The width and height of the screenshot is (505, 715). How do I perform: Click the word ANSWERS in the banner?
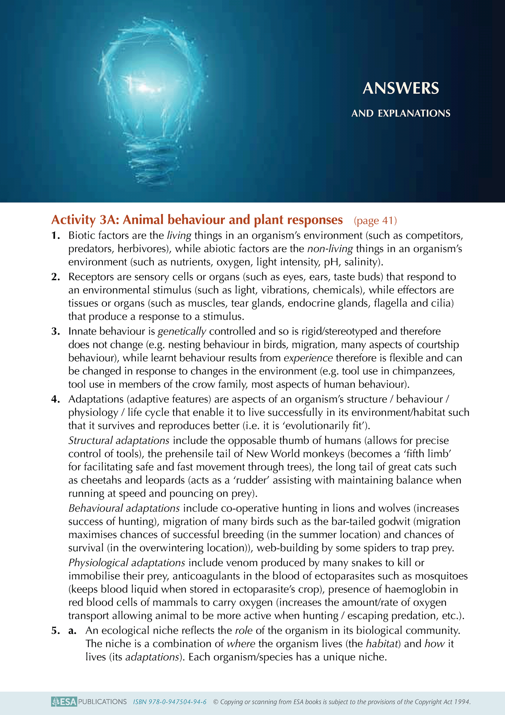pyautogui.click(x=401, y=88)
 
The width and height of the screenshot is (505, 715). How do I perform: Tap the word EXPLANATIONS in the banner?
pyautogui.click(x=414, y=113)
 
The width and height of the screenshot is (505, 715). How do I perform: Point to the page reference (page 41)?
pyautogui.click(x=375, y=220)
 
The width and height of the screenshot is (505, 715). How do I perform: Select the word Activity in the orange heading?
pyautogui.click(x=73, y=220)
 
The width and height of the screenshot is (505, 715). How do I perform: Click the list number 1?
pyautogui.click(x=56, y=235)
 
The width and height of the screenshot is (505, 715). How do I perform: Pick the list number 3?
pyautogui.click(x=56, y=331)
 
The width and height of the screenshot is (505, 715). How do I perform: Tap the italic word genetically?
pyautogui.click(x=182, y=331)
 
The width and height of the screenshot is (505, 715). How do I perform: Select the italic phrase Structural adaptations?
pyautogui.click(x=119, y=440)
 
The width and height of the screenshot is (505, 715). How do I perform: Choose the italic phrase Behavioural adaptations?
pyautogui.click(x=124, y=508)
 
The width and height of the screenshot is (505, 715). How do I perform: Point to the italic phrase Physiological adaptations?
pyautogui.click(x=127, y=562)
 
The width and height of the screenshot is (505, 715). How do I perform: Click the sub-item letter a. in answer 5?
pyautogui.click(x=72, y=631)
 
